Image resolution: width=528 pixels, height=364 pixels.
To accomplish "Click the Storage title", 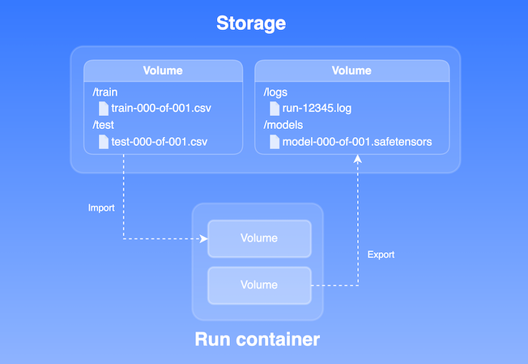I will tap(250, 24).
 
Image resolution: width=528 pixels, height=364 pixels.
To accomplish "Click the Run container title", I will tap(257, 339).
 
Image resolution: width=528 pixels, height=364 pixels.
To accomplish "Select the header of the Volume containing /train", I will tap(163, 71).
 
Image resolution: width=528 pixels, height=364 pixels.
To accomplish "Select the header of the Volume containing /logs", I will tap(351, 71).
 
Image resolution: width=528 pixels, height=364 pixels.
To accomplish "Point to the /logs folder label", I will tap(276, 92).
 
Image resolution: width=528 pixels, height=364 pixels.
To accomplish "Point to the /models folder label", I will tap(283, 126).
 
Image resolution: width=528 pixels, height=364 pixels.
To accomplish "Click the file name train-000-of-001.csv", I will tap(160, 108).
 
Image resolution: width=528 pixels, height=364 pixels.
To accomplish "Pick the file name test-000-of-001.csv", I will tap(159, 142).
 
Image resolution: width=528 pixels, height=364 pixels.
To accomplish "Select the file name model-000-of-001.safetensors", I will tap(357, 142).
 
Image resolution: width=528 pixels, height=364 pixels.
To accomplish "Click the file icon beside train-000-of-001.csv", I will tap(103, 108).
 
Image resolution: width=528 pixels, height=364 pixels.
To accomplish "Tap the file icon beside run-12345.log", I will tap(275, 108).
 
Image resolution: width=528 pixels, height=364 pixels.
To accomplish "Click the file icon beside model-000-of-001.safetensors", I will tap(275, 142).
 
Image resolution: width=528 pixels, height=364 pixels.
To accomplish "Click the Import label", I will tap(101, 208).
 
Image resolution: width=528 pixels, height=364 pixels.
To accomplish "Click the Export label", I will tap(381, 255).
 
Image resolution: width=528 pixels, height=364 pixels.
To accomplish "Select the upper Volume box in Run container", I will tap(259, 238).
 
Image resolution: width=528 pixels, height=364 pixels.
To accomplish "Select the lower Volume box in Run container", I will tap(259, 285).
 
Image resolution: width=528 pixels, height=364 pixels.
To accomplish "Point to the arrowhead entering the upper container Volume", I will tap(204, 238).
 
